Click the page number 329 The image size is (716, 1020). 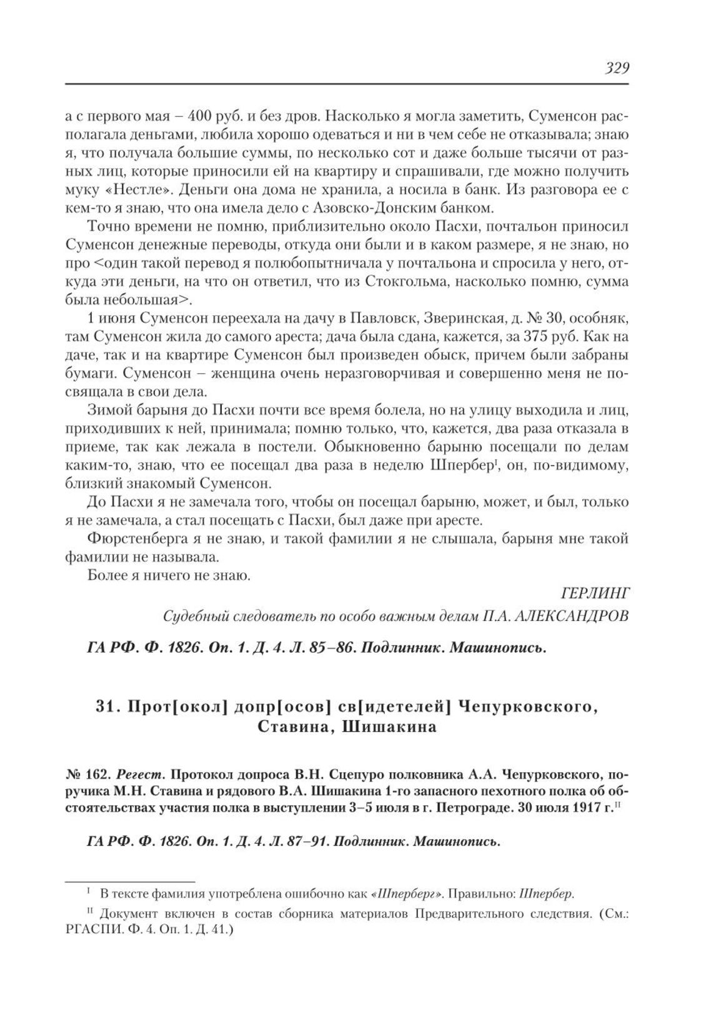pos(615,68)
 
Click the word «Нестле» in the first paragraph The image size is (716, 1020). pos(132,188)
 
